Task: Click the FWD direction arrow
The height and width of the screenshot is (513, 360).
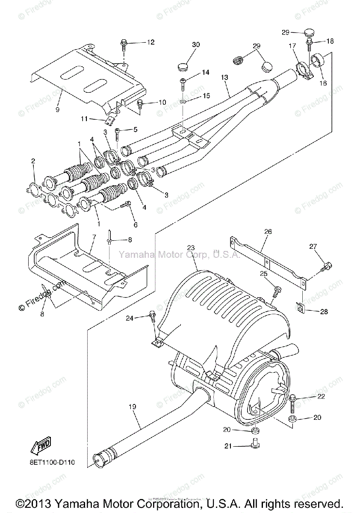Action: coord(40,446)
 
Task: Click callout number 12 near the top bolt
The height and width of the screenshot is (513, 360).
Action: coord(150,42)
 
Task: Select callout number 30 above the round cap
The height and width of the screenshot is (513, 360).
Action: coord(195,45)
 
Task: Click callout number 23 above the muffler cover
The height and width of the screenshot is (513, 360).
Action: coord(191,248)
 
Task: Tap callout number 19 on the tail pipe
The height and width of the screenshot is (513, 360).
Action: coord(132,407)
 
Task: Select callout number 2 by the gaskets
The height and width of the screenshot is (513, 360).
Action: coord(33,161)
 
